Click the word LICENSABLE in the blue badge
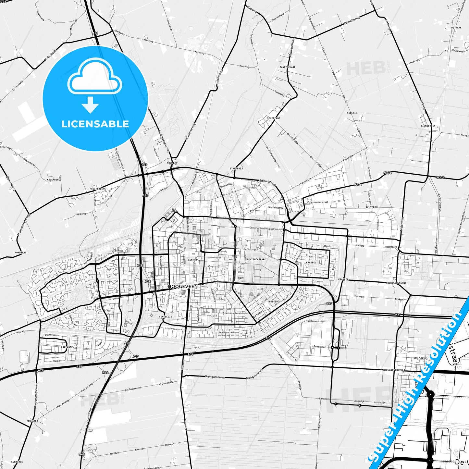[95, 124]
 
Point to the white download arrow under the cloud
[90, 105]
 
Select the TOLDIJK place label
[172, 163]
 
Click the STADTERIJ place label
[236, 168]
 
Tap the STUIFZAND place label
[274, 118]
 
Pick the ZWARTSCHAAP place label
[287, 67]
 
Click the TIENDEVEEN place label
[428, 126]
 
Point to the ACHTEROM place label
[372, 207]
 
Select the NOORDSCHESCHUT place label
[396, 283]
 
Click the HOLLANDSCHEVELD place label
[394, 370]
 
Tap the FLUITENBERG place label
[98, 189]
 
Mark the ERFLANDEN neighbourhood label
[68, 347]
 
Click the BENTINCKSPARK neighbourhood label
[256, 260]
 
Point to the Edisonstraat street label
[267, 182]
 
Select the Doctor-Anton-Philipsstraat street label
[264, 228]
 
